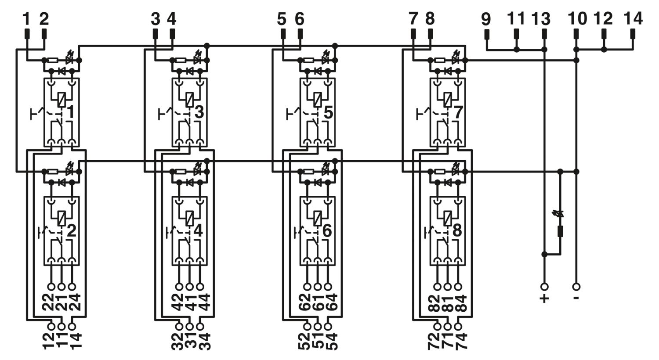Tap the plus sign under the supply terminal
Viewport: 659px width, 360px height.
point(544,298)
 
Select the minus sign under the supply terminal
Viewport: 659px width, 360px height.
point(576,298)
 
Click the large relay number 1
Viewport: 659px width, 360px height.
point(71,112)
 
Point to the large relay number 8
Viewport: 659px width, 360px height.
point(457,230)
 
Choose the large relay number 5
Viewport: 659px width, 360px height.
point(328,112)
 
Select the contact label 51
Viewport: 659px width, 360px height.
point(318,341)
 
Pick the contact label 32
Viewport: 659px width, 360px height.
point(177,341)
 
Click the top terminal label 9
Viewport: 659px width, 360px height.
point(486,19)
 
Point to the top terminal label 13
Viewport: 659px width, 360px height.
point(541,19)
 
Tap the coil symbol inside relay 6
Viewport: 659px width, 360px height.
point(318,218)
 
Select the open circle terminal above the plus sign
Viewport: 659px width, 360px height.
point(544,287)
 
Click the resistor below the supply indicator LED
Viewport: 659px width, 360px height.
point(561,231)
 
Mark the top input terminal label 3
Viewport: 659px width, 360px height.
point(156,19)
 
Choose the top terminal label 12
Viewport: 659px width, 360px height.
point(603,19)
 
